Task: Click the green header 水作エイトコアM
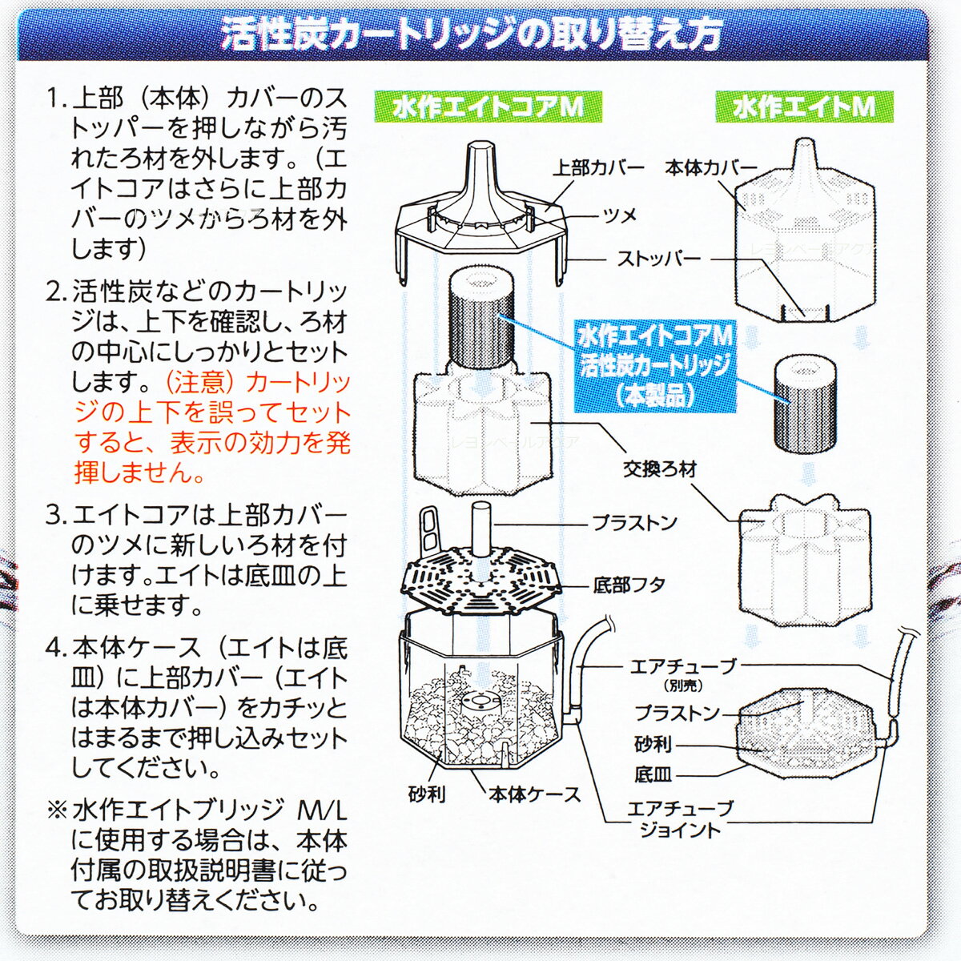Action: pyautogui.click(x=489, y=107)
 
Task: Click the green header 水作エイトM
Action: pyautogui.click(x=804, y=107)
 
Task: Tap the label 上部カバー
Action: pyautogui.click(x=598, y=168)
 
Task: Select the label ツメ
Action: pyautogui.click(x=621, y=216)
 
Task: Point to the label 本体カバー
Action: pyautogui.click(x=711, y=168)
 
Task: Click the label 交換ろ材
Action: pyautogui.click(x=660, y=468)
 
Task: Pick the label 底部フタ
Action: pyautogui.click(x=629, y=585)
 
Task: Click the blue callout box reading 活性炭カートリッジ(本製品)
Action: pyautogui.click(x=655, y=366)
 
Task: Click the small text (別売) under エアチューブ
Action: pyautogui.click(x=683, y=686)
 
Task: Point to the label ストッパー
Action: pyautogui.click(x=659, y=259)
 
